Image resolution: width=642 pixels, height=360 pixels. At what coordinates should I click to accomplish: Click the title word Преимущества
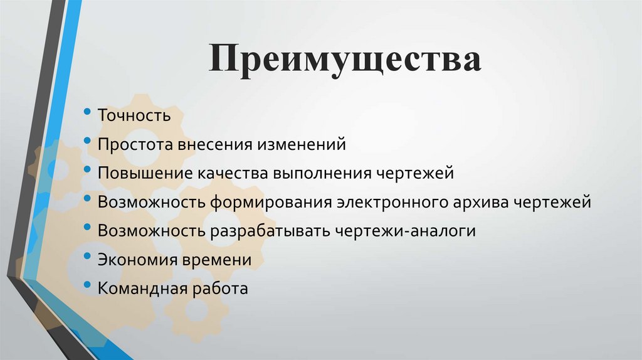coord(345,61)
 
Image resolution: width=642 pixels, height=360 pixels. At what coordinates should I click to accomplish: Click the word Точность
coord(134,115)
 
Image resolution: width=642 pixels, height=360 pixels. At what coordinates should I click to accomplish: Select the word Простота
coord(135,144)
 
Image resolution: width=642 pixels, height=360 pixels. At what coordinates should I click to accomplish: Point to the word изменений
coord(300,144)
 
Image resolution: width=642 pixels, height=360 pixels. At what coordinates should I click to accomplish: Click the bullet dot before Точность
coord(87,113)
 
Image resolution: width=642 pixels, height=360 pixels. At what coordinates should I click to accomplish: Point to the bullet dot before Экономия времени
coord(87,257)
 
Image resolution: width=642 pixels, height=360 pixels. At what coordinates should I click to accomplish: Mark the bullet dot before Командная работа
coord(87,286)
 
